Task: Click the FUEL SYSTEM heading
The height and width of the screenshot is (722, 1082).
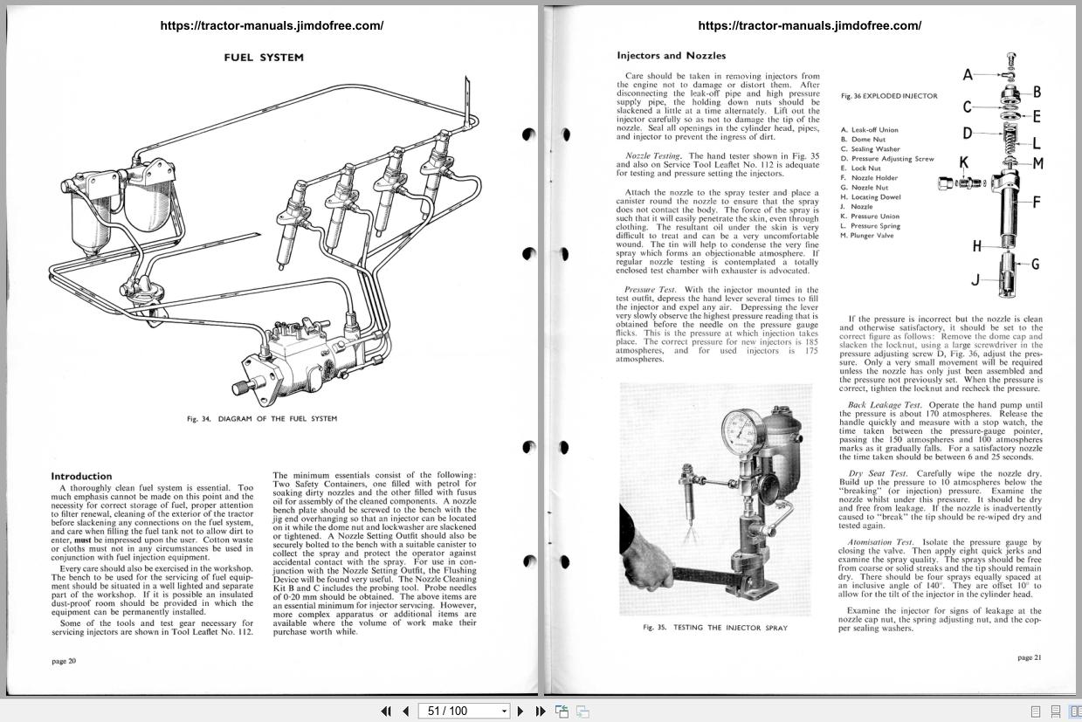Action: (264, 58)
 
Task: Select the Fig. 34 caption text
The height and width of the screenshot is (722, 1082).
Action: (262, 419)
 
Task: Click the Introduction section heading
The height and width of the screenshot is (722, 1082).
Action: (81, 476)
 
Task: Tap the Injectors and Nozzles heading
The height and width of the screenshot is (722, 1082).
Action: (671, 56)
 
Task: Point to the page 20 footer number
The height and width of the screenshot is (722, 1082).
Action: (64, 661)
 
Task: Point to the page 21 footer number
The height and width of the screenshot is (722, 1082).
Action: (1030, 657)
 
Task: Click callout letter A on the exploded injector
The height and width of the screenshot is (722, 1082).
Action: (968, 75)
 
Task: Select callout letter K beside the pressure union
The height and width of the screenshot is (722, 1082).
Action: (964, 162)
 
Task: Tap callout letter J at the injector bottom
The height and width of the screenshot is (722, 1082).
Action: (975, 280)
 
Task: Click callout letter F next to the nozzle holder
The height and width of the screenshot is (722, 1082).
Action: (1037, 203)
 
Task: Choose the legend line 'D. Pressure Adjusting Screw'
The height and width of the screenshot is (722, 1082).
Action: (887, 159)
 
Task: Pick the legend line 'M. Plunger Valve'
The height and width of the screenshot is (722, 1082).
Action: (867, 236)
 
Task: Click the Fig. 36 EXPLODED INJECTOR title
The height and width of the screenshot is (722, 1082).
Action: (889, 96)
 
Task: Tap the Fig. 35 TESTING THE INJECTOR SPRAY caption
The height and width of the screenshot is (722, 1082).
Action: (714, 628)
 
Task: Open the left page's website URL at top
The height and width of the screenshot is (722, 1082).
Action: (272, 25)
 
